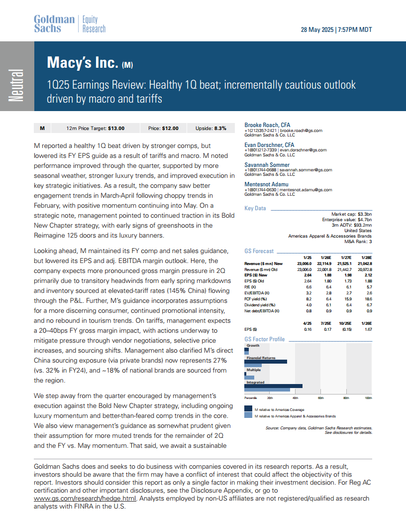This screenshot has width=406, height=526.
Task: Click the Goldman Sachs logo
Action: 54,24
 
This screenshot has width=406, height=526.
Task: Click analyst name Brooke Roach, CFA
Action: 267,125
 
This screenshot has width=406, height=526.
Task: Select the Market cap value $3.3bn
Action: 361,214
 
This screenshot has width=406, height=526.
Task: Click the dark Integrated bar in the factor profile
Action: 274,386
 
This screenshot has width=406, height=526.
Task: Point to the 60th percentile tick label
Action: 321,398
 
